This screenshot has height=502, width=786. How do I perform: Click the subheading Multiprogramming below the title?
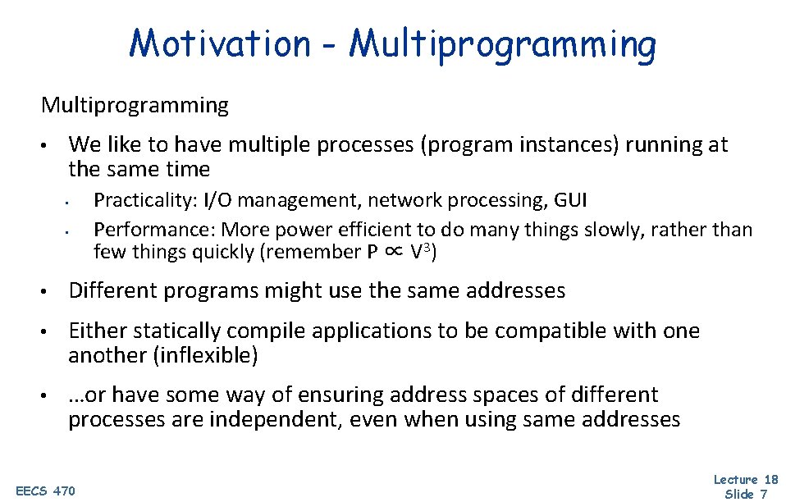(x=135, y=105)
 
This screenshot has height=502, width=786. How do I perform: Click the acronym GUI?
(x=571, y=200)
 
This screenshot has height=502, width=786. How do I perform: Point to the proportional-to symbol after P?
(x=394, y=252)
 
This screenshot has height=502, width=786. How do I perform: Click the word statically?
(x=177, y=331)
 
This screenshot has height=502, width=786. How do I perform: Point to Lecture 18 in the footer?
(x=745, y=479)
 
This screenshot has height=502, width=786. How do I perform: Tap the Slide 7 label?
(x=746, y=494)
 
